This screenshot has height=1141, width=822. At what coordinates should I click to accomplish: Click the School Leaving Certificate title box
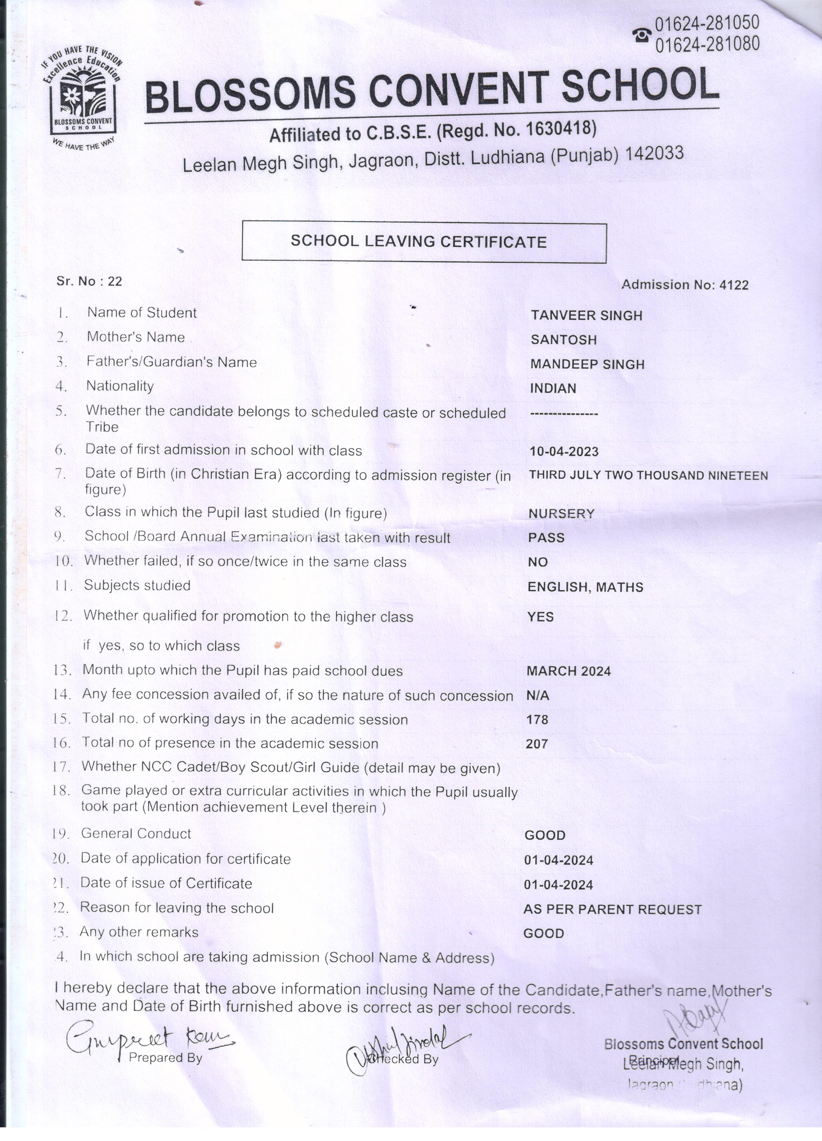pyautogui.click(x=424, y=242)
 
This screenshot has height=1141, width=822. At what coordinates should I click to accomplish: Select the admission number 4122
pyautogui.click(x=734, y=285)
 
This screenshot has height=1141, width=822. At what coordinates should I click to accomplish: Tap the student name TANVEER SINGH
pyautogui.click(x=587, y=316)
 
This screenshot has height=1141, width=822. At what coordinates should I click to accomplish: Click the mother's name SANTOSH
pyautogui.click(x=563, y=340)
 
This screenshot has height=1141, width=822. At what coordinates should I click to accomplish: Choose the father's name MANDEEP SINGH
pyautogui.click(x=587, y=364)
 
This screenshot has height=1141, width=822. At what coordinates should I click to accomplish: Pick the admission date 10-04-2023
pyautogui.click(x=564, y=451)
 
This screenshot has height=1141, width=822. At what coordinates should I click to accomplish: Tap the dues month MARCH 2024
pyautogui.click(x=569, y=671)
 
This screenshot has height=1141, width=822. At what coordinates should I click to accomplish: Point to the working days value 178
pyautogui.click(x=537, y=719)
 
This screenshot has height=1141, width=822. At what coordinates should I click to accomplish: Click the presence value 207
pyautogui.click(x=537, y=743)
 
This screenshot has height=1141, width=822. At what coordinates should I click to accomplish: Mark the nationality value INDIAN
pyautogui.click(x=553, y=388)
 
